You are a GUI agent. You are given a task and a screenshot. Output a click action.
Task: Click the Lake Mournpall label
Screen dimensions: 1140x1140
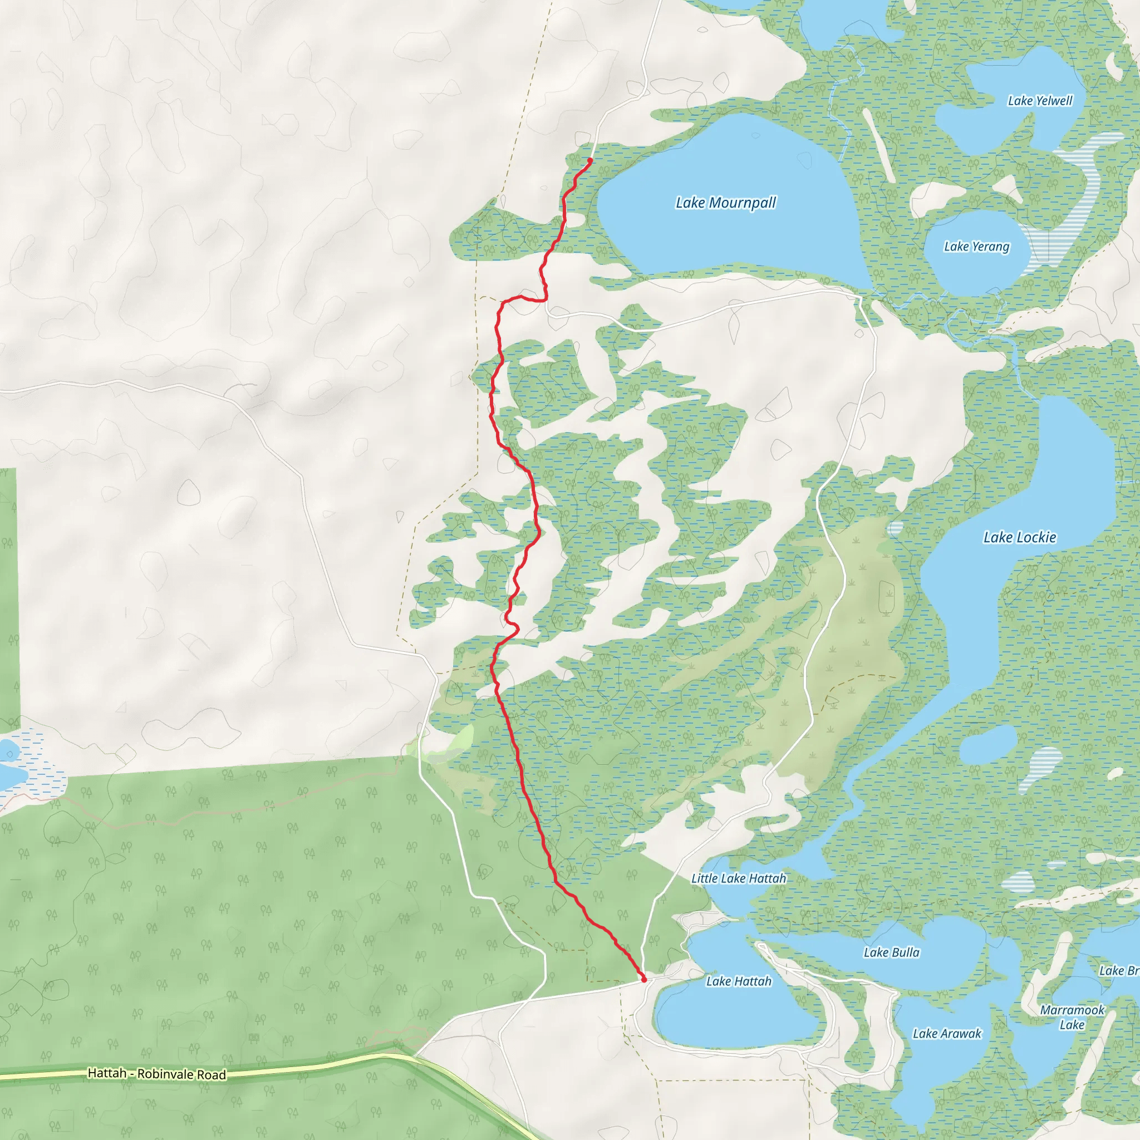726,203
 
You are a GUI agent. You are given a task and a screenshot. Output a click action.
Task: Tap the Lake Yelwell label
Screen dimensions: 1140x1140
1040,101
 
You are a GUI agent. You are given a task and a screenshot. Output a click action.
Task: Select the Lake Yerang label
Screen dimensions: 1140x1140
976,247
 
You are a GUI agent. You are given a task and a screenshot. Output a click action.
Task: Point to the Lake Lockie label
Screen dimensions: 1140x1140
1020,538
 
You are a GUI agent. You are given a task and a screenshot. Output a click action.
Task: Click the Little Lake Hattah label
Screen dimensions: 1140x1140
739,878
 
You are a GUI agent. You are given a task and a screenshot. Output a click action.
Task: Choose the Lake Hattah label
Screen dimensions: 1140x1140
739,981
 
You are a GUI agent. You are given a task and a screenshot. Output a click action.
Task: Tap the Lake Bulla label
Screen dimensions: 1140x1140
891,952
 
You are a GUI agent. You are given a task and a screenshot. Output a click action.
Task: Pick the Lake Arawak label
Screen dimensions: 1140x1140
946,1034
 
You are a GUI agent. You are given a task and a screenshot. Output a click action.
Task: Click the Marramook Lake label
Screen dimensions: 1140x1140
1072,1018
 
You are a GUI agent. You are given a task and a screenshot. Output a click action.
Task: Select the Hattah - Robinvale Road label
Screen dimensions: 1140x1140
157,1074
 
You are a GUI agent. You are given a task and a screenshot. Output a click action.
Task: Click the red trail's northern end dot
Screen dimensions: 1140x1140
590,160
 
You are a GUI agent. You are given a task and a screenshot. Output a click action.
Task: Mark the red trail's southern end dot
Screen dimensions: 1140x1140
644,980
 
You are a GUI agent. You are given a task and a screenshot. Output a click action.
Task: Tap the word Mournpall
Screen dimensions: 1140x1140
743,203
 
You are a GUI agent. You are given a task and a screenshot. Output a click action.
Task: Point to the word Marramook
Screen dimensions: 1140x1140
1072,1010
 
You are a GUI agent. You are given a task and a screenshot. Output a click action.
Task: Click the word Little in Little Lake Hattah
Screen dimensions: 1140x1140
705,878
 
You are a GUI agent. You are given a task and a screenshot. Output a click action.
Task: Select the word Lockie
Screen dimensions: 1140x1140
1036,538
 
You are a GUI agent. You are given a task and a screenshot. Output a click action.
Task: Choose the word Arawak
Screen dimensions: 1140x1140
962,1034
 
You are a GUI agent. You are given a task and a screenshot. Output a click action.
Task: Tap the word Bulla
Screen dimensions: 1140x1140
906,952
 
